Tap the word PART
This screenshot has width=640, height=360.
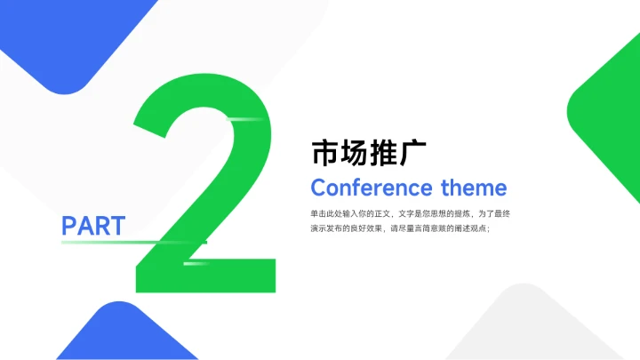pos(93,226)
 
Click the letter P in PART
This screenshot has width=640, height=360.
pos(69,226)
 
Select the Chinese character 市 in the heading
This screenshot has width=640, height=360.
pos(324,153)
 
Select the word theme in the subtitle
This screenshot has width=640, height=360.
pos(474,188)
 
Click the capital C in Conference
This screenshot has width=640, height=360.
pos(318,188)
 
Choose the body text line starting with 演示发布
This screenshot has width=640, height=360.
pos(400,228)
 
